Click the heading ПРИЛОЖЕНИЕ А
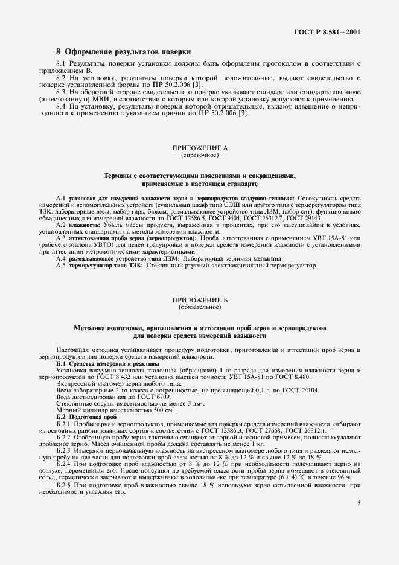199,148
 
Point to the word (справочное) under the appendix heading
199,155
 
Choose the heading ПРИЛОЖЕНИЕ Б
199,300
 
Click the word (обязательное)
199,307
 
